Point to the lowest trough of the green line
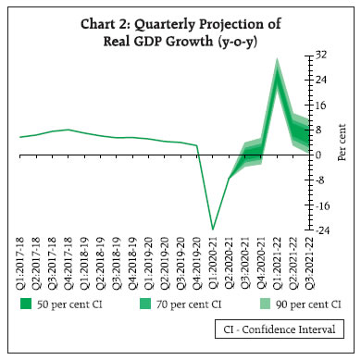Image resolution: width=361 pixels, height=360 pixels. (x=213, y=229)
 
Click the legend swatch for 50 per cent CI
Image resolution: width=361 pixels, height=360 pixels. (x=28, y=303)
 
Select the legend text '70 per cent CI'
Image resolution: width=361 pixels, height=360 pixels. (x=193, y=304)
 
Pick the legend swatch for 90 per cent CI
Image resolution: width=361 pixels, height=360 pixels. (x=264, y=303)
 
